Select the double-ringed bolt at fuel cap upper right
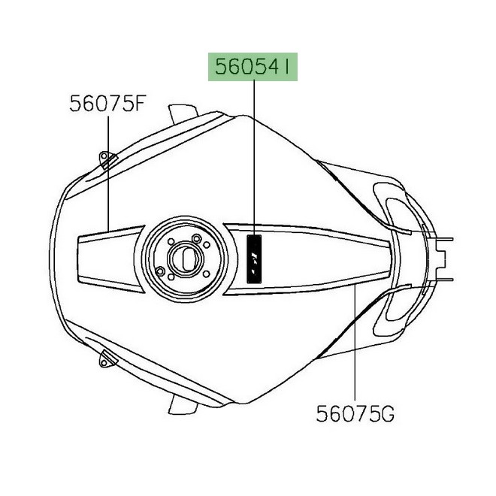(197, 240)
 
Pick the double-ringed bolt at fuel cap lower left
(160, 271)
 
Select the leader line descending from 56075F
(108, 173)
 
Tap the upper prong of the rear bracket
(448, 241)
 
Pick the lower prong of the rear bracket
(448, 277)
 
